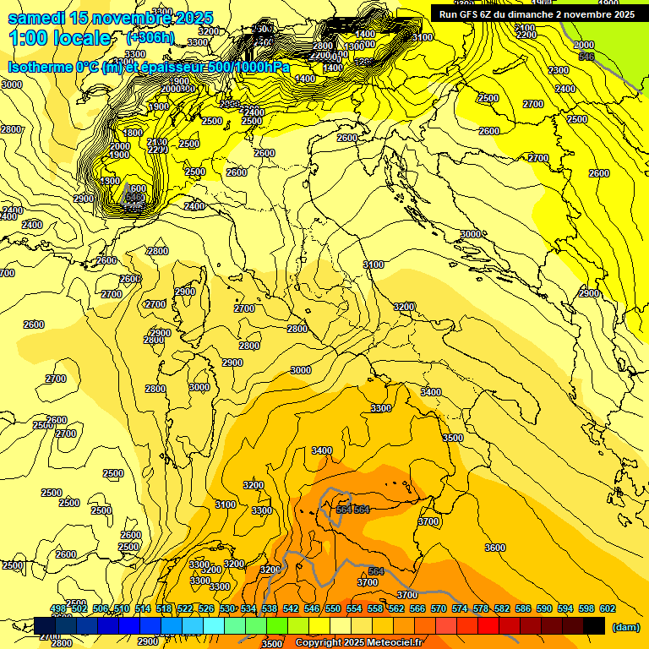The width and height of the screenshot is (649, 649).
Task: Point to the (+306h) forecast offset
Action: coord(150,38)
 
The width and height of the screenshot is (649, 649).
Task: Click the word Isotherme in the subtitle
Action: coord(41,67)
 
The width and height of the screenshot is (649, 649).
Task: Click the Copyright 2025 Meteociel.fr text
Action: coord(357,643)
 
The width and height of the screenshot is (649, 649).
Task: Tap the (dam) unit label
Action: coord(624,627)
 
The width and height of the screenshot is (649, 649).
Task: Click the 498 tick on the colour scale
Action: coord(58,609)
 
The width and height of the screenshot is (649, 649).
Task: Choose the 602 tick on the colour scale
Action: coord(608,609)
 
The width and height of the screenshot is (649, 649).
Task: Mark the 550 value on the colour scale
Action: coord(333,609)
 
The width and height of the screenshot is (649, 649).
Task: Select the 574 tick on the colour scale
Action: coord(460,609)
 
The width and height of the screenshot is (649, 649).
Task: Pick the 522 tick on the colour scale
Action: coord(185,609)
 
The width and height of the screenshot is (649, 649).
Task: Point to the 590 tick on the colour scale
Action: coord(544,609)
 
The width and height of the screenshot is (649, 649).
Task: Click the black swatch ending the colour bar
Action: coord(594,625)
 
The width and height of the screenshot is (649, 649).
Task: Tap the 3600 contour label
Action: coord(495,548)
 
